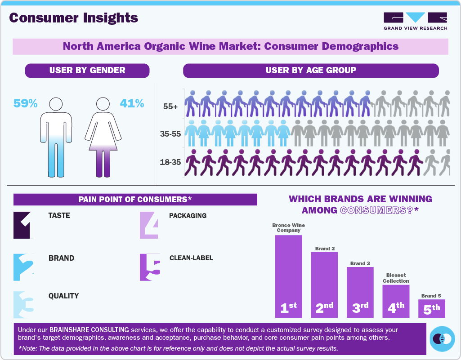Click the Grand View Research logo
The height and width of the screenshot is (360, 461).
pos(415,21)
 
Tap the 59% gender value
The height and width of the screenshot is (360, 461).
pos(25,104)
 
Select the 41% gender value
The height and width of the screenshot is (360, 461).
pos(132,104)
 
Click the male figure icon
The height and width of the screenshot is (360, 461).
pos(56,137)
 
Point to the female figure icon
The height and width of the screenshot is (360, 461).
pos(103,137)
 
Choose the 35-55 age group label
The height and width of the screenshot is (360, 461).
pos(170,133)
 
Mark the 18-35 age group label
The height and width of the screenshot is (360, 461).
pos(170,161)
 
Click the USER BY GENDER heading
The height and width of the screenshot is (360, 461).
pos(87,71)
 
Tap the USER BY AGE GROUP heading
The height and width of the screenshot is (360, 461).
pos(311,71)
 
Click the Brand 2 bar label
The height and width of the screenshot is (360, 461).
pos(325,249)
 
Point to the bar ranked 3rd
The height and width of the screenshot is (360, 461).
pos(360,292)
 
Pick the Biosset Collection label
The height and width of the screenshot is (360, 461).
pos(396,278)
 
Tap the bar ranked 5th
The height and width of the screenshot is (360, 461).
pos(432,308)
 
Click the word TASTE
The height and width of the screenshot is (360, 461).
pos(59,216)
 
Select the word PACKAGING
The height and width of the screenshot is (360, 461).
pos(188,216)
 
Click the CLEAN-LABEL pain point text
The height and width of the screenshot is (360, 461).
pos(191,258)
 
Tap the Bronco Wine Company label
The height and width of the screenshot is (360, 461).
pos(288,228)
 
